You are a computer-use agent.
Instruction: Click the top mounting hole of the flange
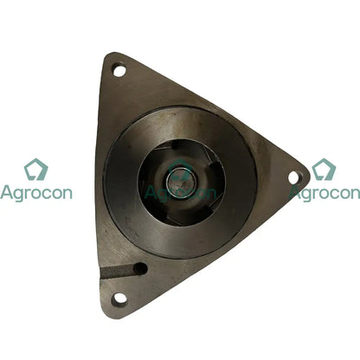119,70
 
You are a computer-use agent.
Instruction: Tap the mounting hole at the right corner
293,177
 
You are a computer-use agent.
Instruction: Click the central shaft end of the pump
182,183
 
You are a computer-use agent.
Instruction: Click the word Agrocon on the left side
36,194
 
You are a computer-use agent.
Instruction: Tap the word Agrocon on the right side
325,194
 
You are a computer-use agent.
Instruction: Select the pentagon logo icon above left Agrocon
35,170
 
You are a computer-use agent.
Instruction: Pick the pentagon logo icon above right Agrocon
324,170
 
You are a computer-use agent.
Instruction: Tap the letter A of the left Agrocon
6,193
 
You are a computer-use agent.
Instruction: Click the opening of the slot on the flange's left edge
103,276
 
